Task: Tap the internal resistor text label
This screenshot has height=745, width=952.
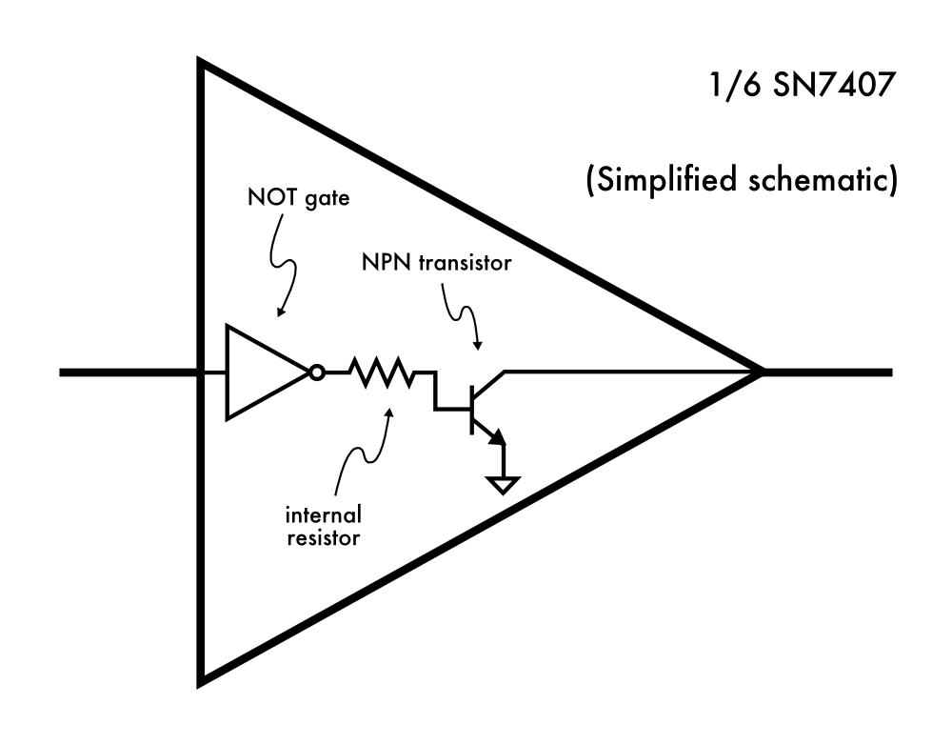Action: tap(324, 526)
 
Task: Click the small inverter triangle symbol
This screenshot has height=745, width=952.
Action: tap(263, 372)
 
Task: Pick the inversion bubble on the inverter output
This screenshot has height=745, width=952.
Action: tap(317, 372)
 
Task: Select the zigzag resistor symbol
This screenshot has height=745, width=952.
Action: tap(384, 372)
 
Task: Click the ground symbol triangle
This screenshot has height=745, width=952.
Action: tap(503, 485)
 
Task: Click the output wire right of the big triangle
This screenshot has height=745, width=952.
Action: tap(828, 372)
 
